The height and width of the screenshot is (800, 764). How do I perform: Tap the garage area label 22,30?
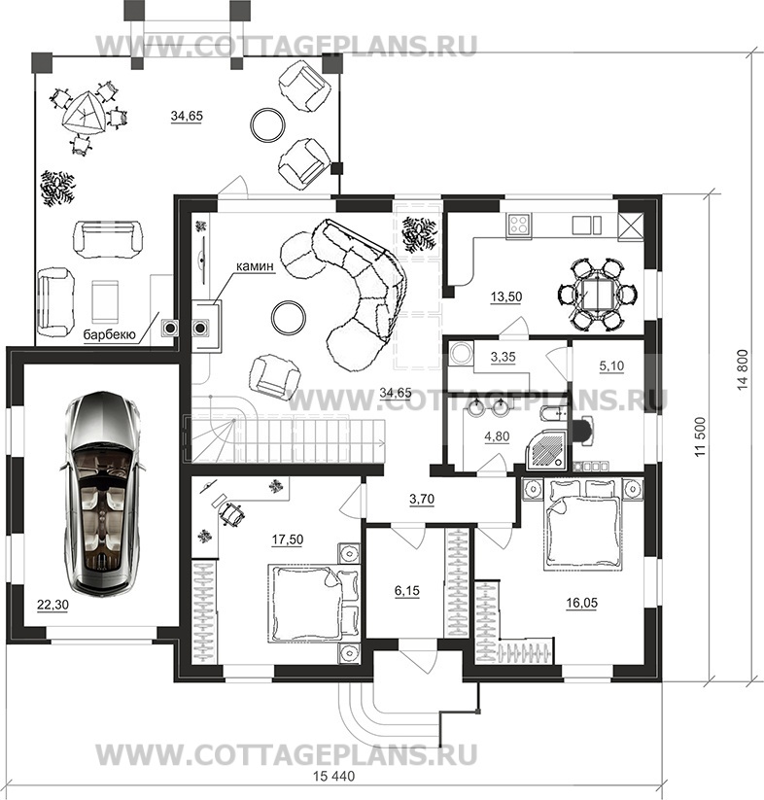tap(52, 605)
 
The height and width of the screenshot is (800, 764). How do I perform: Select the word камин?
tap(255, 265)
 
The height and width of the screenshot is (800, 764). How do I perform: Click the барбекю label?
tap(110, 334)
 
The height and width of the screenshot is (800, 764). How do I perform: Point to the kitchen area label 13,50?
tap(506, 296)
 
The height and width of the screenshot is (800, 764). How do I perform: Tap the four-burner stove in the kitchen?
tap(519, 225)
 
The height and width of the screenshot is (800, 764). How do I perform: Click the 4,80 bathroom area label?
tap(497, 436)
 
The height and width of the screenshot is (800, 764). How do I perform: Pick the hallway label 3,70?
tap(422, 499)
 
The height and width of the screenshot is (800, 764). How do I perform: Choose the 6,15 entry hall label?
tap(407, 590)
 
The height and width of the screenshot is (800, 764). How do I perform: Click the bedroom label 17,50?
tap(288, 539)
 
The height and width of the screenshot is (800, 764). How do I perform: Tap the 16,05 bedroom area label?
tap(581, 603)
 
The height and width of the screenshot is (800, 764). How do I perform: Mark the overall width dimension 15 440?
tap(333, 776)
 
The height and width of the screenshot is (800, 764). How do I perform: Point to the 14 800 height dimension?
tap(743, 369)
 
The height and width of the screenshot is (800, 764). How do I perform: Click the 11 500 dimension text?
tap(700, 436)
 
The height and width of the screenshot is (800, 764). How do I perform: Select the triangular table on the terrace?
tap(84, 114)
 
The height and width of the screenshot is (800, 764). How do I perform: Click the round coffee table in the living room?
tap(288, 318)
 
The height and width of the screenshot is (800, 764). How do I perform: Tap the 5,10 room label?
tap(611, 365)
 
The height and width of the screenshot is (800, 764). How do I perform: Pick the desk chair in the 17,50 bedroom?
tap(231, 512)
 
